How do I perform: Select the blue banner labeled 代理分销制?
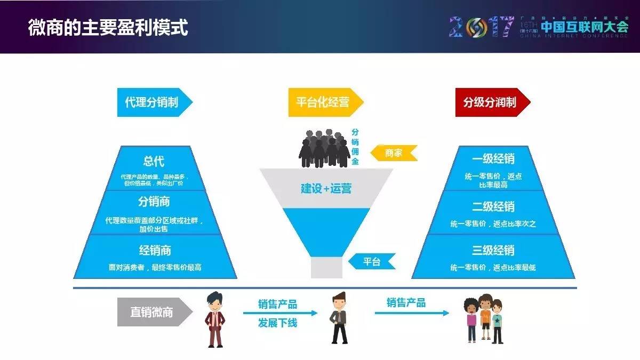pyautogui.click(x=153, y=102)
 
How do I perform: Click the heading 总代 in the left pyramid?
pyautogui.click(x=154, y=161)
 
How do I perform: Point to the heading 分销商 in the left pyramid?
pyautogui.click(x=154, y=202)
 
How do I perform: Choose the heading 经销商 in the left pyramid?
pyautogui.click(x=155, y=250)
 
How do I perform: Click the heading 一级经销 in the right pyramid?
pyautogui.click(x=493, y=159)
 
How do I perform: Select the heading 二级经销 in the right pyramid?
pyautogui.click(x=493, y=206)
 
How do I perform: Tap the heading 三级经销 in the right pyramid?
pyautogui.click(x=493, y=250)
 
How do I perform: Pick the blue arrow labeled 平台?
pyautogui.click(x=372, y=261)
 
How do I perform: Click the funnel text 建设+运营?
pyautogui.click(x=326, y=188)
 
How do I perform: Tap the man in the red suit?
pyautogui.click(x=215, y=320)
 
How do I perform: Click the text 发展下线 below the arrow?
pyautogui.click(x=278, y=323)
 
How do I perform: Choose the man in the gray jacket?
pyautogui.click(x=339, y=318)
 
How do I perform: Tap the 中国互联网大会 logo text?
pyautogui.click(x=584, y=27)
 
